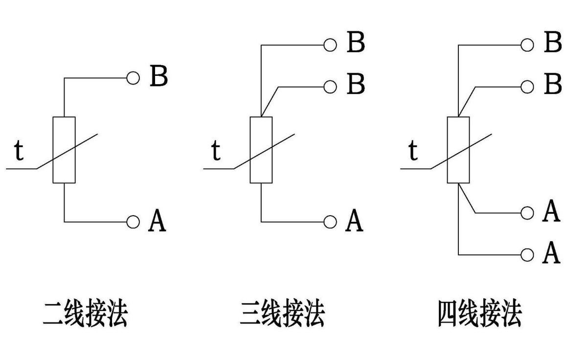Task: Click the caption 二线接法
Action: (85, 314)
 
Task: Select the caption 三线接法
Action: (283, 314)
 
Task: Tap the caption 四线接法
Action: (479, 314)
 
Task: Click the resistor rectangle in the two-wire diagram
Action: (64, 150)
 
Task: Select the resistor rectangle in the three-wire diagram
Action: (261, 150)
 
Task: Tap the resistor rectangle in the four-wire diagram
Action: (458, 150)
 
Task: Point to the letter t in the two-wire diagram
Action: (19, 151)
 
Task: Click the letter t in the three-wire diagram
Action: (216, 151)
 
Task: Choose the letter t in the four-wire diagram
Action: (413, 151)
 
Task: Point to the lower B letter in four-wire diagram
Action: (553, 85)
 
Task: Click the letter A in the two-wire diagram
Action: (157, 221)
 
